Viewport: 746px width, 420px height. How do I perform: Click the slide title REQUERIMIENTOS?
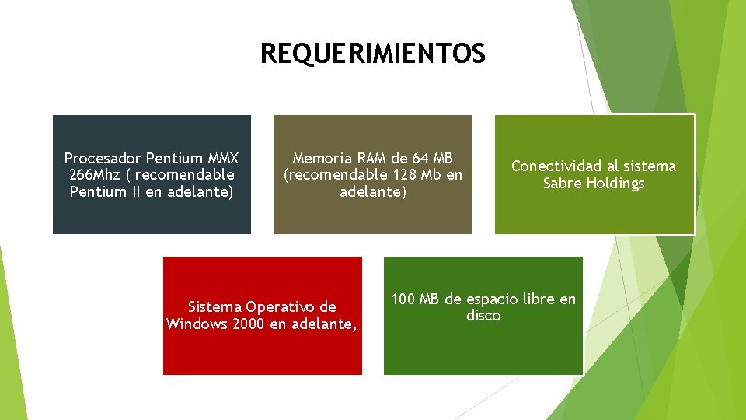(x=372, y=54)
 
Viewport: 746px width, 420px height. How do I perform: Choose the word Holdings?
(x=615, y=184)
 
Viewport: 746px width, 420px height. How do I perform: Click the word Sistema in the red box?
(x=215, y=306)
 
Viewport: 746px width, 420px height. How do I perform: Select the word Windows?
(x=197, y=324)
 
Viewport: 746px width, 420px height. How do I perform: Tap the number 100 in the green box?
(x=403, y=299)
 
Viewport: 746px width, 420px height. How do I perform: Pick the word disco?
(x=483, y=316)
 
